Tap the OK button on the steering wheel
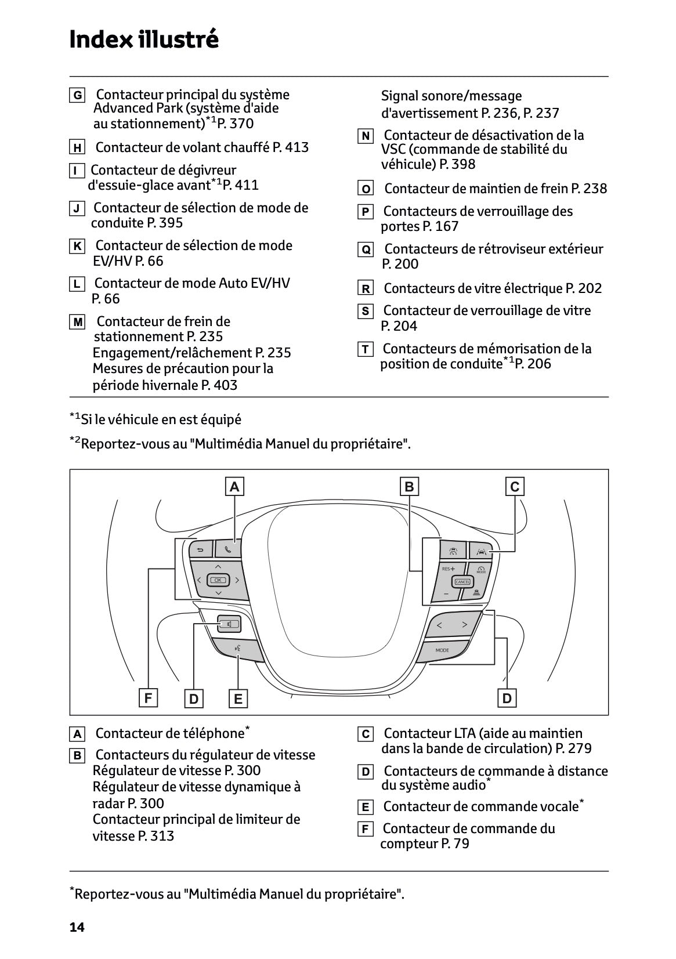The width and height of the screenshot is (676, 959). point(218,580)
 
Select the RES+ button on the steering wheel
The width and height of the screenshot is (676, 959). point(449,569)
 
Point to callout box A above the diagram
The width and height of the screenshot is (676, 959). point(234,487)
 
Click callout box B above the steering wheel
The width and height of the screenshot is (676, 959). point(409,487)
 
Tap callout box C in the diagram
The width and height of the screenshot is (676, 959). point(515,487)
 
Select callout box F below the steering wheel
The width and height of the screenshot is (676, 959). point(149,698)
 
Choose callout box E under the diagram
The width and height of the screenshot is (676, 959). point(238,699)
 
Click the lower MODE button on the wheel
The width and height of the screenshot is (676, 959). point(442,650)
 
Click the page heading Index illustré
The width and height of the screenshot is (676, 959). point(144,39)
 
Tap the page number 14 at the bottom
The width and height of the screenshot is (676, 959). point(77,928)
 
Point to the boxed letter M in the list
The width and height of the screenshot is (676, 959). point(77,322)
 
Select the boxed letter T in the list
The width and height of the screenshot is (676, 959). point(365,349)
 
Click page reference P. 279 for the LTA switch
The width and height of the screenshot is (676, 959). point(573,749)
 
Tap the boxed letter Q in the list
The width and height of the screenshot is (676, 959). point(366,250)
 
